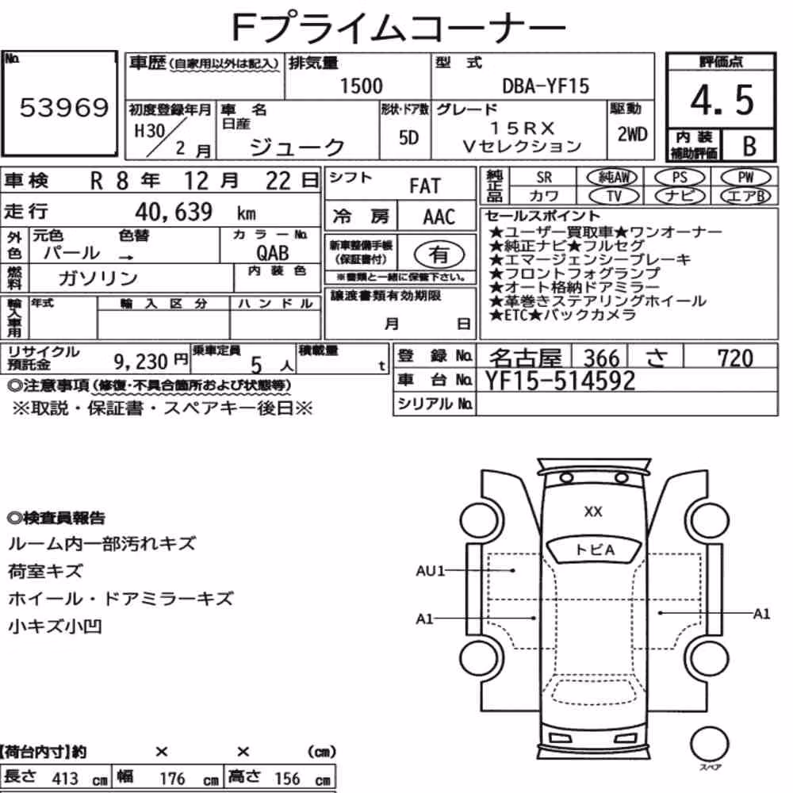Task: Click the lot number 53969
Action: pyautogui.click(x=64, y=108)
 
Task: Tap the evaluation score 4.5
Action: pyautogui.click(x=722, y=100)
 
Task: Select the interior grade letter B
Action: pyautogui.click(x=749, y=146)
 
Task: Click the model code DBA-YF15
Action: pyautogui.click(x=546, y=86)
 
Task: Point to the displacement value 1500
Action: pyautogui.click(x=361, y=86)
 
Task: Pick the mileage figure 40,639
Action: pyautogui.click(x=174, y=212)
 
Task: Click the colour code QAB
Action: pyautogui.click(x=273, y=253)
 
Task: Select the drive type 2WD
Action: pyautogui.click(x=632, y=135)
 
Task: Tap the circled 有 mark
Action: pyautogui.click(x=439, y=255)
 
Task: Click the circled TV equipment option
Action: pyautogui.click(x=614, y=196)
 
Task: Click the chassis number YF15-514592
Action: pyautogui.click(x=560, y=381)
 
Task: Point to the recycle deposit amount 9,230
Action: pyautogui.click(x=140, y=361)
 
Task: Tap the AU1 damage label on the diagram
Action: pyautogui.click(x=430, y=571)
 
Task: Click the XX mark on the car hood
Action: pyautogui.click(x=592, y=511)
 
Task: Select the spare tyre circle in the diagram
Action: pyautogui.click(x=709, y=745)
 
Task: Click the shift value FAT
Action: pyautogui.click(x=425, y=186)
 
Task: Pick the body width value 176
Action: pyautogui.click(x=172, y=779)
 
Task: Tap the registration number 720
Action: pyautogui.click(x=735, y=358)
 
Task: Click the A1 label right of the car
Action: pyautogui.click(x=761, y=614)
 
